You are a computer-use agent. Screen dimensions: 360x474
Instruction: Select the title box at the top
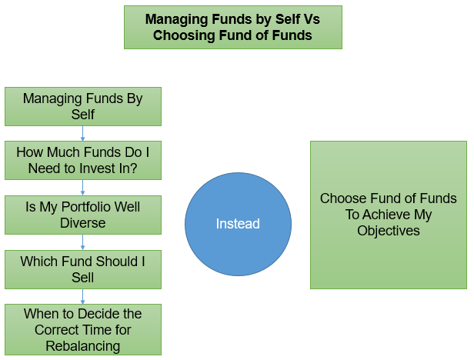click(x=232, y=28)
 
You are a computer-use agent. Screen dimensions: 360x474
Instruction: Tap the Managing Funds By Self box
click(x=83, y=106)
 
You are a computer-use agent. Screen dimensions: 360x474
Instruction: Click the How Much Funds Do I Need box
click(x=83, y=160)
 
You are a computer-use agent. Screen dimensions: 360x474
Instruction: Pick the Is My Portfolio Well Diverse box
click(x=83, y=215)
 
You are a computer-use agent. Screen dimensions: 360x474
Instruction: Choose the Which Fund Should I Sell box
click(x=83, y=269)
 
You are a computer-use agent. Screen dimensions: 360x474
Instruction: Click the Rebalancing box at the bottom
click(x=83, y=329)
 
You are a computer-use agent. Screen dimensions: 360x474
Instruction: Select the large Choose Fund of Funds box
click(x=388, y=215)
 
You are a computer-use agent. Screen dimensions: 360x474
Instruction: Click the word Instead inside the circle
click(x=238, y=225)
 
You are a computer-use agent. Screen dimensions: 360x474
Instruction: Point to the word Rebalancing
click(x=83, y=345)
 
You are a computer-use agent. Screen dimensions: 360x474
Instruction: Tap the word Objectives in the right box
click(x=388, y=231)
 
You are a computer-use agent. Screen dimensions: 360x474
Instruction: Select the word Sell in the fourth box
click(x=83, y=278)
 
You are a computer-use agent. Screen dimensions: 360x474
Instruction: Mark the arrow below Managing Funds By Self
click(x=83, y=133)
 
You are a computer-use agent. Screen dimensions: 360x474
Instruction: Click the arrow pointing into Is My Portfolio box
click(x=83, y=187)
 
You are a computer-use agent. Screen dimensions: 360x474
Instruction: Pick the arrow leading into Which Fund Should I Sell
click(x=83, y=242)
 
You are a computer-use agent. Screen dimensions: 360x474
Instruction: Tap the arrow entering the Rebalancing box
click(x=83, y=296)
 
